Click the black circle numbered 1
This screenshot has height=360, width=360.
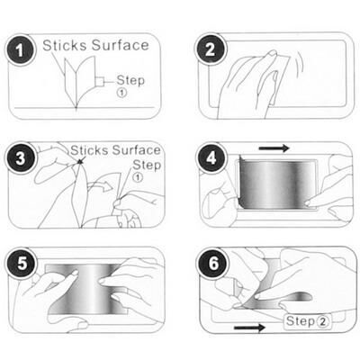(x=20, y=50)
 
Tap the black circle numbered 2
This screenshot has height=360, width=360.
(x=211, y=49)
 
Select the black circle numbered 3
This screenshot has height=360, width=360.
(x=21, y=158)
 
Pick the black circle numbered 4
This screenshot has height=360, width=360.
(x=211, y=157)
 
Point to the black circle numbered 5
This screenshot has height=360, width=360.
(x=22, y=264)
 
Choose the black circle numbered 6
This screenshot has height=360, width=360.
(x=213, y=264)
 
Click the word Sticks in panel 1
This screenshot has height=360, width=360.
(x=65, y=45)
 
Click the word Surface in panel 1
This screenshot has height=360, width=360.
(x=121, y=45)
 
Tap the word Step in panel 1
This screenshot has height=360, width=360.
(x=130, y=80)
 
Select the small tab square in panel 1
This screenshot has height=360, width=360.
(x=100, y=82)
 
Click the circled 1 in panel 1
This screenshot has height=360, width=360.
(x=121, y=93)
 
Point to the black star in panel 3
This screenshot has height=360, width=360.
(x=80, y=162)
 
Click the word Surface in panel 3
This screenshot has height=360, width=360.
(x=137, y=150)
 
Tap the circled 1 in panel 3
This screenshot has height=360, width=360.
(x=138, y=177)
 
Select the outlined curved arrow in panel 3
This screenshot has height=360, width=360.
(x=101, y=186)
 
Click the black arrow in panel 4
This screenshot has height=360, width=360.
(x=274, y=148)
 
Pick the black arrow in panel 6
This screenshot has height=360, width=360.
(x=249, y=328)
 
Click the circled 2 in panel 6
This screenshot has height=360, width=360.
(x=323, y=322)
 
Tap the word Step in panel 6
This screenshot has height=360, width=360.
(x=301, y=321)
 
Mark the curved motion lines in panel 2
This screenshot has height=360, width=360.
(x=301, y=63)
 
